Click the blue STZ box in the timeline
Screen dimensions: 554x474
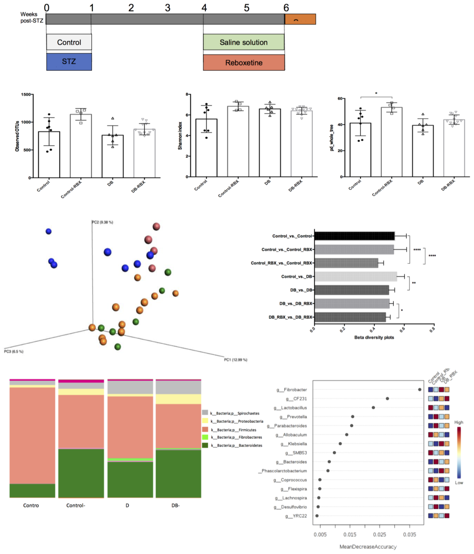pyautogui.click(x=69, y=62)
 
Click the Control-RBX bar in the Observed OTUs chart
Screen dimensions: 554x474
pyautogui.click(x=81, y=146)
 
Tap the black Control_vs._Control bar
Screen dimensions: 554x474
pyautogui.click(x=354, y=236)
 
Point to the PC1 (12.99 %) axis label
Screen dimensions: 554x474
pyautogui.click(x=235, y=360)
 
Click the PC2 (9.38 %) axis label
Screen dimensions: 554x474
pyautogui.click(x=102, y=222)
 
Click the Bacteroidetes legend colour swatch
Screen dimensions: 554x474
pyautogui.click(x=205, y=445)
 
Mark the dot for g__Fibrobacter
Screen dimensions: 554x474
pyautogui.click(x=419, y=390)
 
